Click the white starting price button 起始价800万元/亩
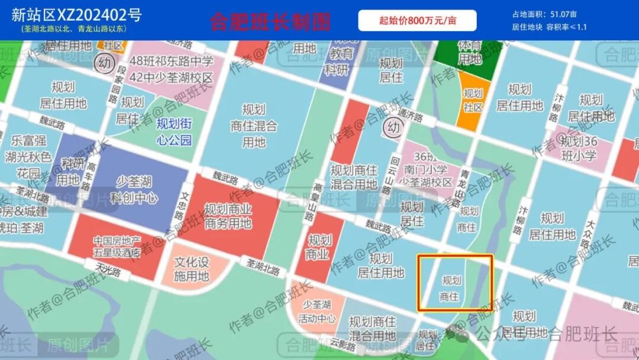point(417,21)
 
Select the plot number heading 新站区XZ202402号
point(76,14)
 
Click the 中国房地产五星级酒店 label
point(117,247)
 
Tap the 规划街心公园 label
point(174,131)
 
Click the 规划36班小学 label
point(579,149)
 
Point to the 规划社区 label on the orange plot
point(473,100)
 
